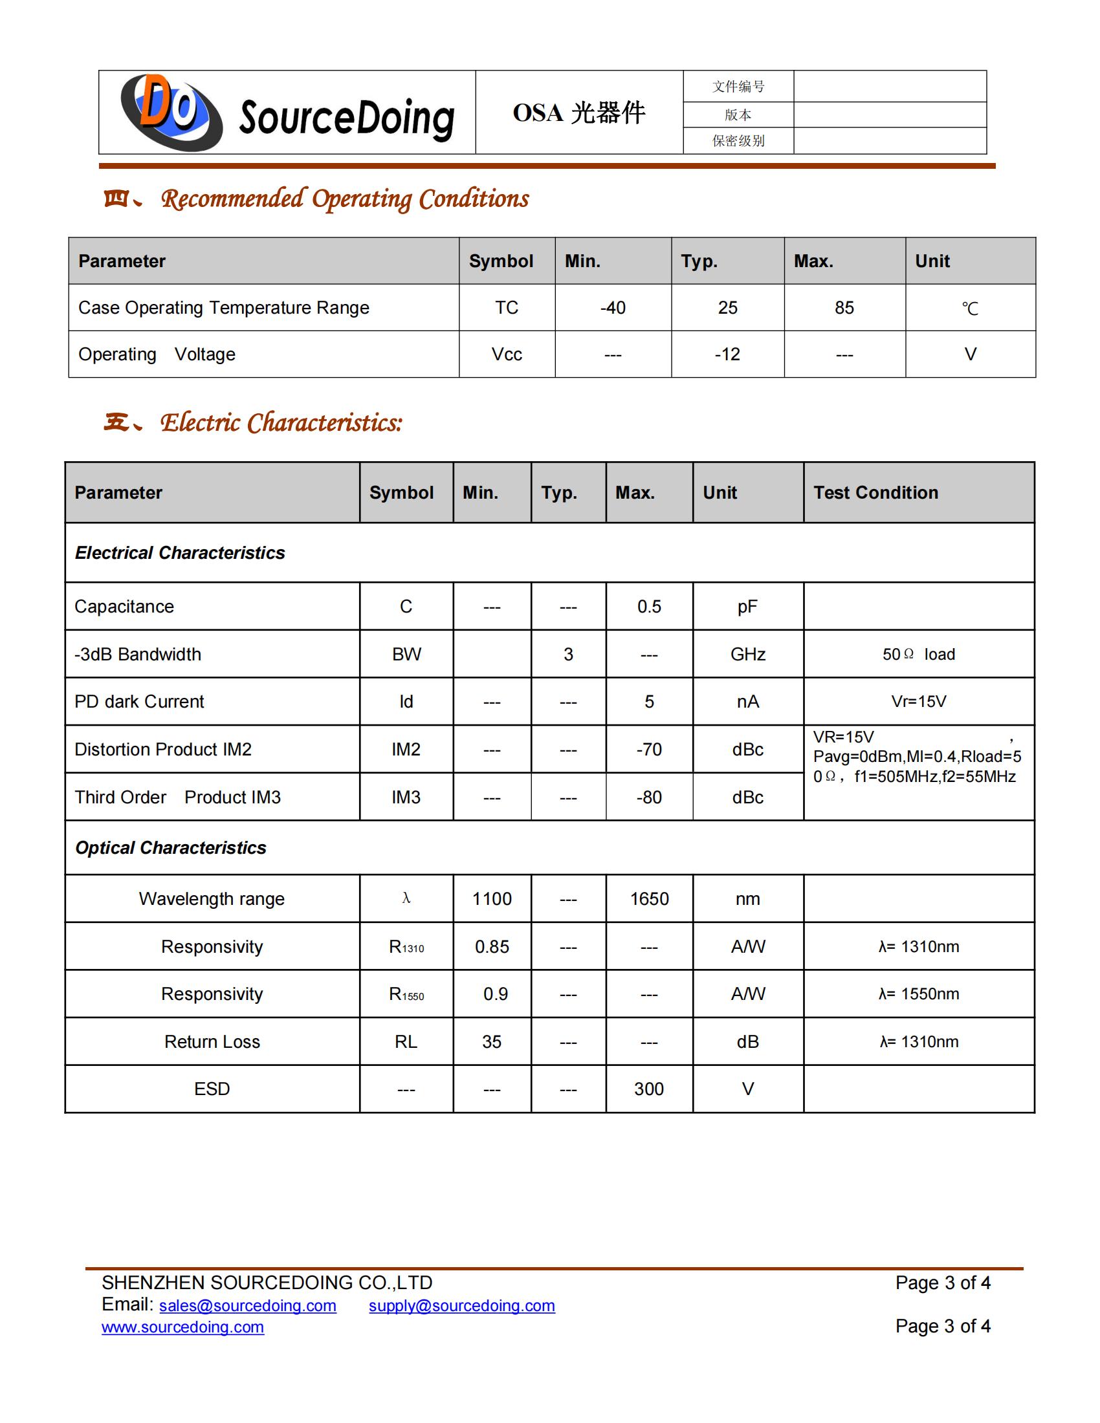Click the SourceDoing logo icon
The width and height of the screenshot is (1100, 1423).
(x=171, y=112)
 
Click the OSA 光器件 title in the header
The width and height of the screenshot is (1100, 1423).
(x=578, y=113)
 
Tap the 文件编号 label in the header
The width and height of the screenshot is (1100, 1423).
(x=738, y=87)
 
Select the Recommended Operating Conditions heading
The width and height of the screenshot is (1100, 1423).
(x=345, y=199)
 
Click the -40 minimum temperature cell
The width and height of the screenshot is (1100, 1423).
(x=613, y=307)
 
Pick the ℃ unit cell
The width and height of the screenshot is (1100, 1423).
(x=970, y=308)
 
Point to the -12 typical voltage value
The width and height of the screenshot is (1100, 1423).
(x=727, y=354)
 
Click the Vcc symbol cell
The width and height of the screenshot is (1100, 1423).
(x=507, y=354)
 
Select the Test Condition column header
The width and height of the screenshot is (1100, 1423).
(x=875, y=493)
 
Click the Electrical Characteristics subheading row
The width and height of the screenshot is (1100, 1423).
(x=180, y=552)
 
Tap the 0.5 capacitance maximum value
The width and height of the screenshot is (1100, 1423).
(x=649, y=607)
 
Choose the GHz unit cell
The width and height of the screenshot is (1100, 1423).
(x=747, y=654)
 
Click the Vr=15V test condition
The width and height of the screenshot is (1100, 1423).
(x=918, y=702)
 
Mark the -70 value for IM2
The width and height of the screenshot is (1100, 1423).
(x=649, y=749)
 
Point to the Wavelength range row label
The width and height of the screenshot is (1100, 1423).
(x=212, y=899)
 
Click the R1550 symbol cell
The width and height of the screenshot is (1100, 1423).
(x=406, y=994)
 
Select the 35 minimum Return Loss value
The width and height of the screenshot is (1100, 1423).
(x=491, y=1042)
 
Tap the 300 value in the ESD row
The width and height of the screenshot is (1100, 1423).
(x=649, y=1089)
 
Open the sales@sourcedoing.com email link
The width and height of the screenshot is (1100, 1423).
(x=248, y=1306)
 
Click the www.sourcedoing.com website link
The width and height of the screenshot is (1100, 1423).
(x=182, y=1327)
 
